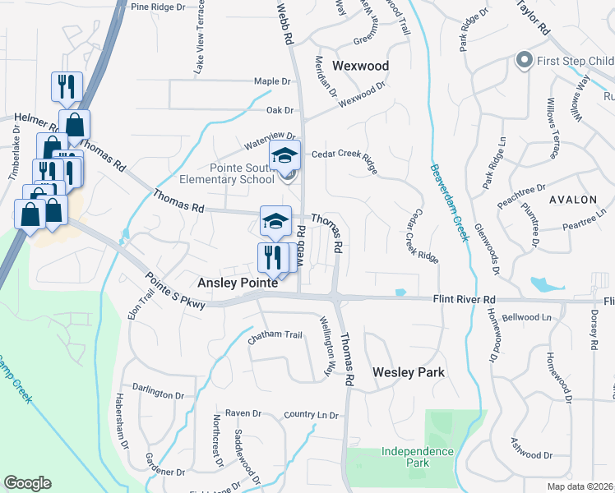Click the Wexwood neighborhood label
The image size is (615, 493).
pyautogui.click(x=360, y=66)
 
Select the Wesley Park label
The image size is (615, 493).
pyautogui.click(x=409, y=372)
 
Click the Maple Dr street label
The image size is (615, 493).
pyautogui.click(x=273, y=81)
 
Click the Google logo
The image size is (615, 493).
pyautogui.click(x=27, y=483)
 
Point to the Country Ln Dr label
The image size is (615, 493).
pyautogui.click(x=312, y=416)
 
